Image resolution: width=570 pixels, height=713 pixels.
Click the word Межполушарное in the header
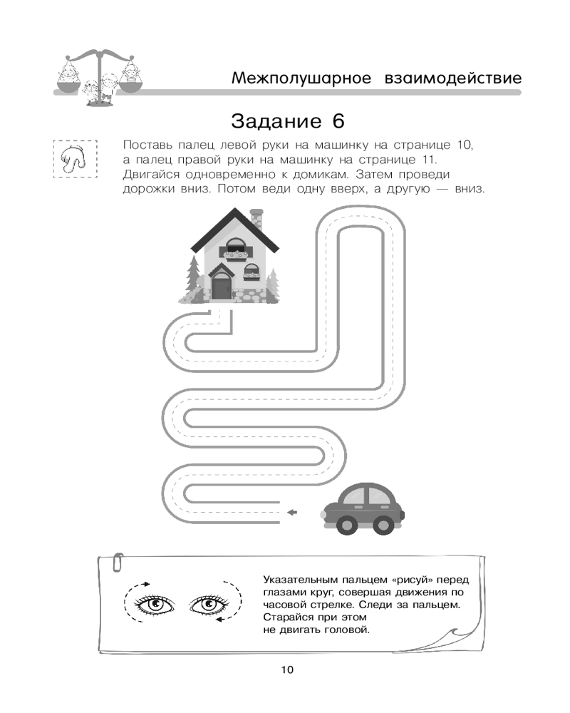[x=301, y=78]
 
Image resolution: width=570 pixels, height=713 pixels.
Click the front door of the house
[x=220, y=287]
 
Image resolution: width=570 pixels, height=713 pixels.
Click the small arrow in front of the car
[x=291, y=511]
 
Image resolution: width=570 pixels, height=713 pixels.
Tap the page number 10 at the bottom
[x=286, y=670]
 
